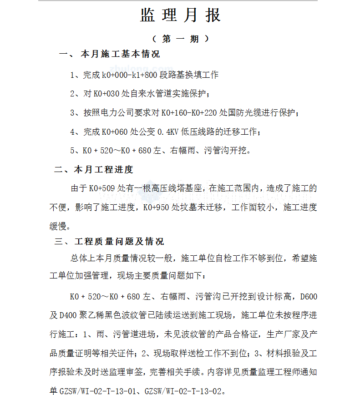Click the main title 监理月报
tap(180, 15)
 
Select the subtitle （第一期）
tap(181, 39)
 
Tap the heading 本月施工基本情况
tap(120, 55)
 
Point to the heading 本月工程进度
tap(103, 170)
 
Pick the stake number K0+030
tap(106, 94)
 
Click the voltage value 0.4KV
tap(168, 132)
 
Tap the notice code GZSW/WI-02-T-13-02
tap(183, 390)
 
